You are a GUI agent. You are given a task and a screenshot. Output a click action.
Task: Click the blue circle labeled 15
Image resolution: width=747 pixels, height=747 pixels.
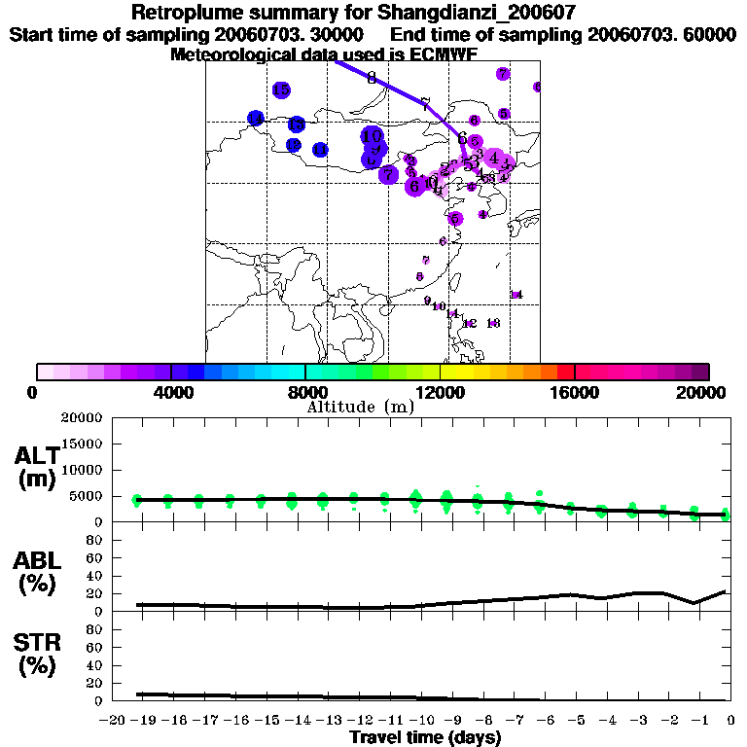pyautogui.click(x=281, y=90)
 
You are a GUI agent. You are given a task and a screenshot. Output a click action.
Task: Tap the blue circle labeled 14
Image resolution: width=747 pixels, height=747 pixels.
pyautogui.click(x=256, y=118)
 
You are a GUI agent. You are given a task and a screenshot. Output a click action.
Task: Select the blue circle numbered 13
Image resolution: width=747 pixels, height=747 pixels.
pyautogui.click(x=296, y=124)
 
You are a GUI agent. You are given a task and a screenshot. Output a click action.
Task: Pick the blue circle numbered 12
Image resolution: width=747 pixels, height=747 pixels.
pyautogui.click(x=294, y=145)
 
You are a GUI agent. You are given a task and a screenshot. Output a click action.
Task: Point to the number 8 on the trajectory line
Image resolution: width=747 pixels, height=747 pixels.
pyautogui.click(x=372, y=78)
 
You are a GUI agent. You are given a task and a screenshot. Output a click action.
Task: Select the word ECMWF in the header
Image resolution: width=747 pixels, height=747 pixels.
pyautogui.click(x=443, y=54)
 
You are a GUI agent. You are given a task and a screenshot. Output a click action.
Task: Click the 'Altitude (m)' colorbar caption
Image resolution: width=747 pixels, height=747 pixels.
pyautogui.click(x=360, y=407)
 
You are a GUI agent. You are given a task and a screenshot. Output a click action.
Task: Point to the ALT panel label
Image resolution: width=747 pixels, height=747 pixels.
pyautogui.click(x=36, y=455)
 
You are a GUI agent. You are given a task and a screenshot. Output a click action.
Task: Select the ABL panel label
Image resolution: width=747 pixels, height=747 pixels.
pyautogui.click(x=36, y=560)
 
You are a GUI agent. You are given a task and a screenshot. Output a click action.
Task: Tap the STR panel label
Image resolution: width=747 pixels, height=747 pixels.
pyautogui.click(x=36, y=642)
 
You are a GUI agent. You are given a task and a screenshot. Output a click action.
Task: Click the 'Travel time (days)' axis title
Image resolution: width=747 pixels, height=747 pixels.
pyautogui.click(x=425, y=738)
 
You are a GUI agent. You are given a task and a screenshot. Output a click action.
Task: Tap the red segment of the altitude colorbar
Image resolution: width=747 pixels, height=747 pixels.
pyautogui.click(x=566, y=372)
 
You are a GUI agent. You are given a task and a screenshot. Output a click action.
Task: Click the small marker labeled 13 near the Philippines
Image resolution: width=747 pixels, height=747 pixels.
pyautogui.click(x=493, y=323)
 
